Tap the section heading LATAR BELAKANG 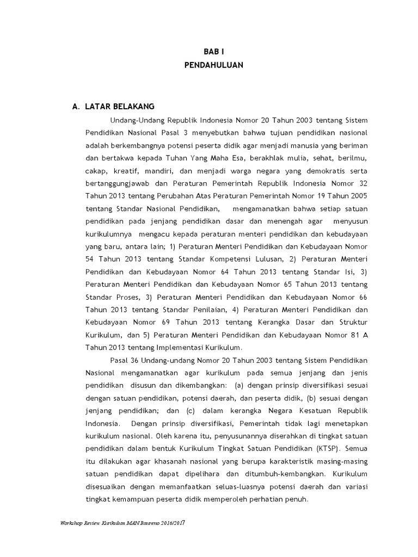click(120, 106)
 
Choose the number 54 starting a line click(90, 258)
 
